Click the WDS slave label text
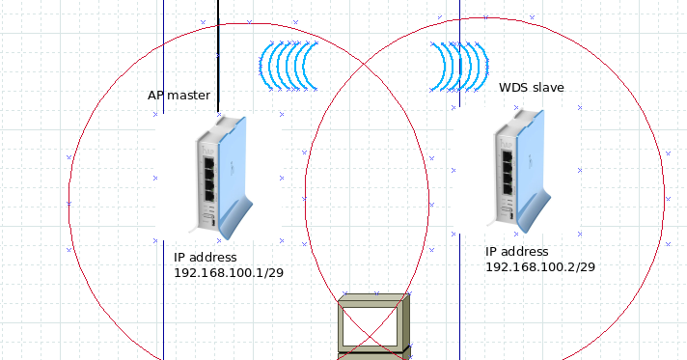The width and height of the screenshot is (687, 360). pos(531,87)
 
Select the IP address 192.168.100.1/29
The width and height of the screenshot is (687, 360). pos(228,273)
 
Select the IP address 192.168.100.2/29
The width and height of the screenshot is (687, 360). pos(539,265)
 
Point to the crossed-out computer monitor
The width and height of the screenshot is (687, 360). pos(373,326)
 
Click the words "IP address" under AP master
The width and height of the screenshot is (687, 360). pos(205,258)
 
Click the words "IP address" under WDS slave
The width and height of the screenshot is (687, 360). pos(516,250)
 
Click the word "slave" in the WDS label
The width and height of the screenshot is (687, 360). pos(547,87)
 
